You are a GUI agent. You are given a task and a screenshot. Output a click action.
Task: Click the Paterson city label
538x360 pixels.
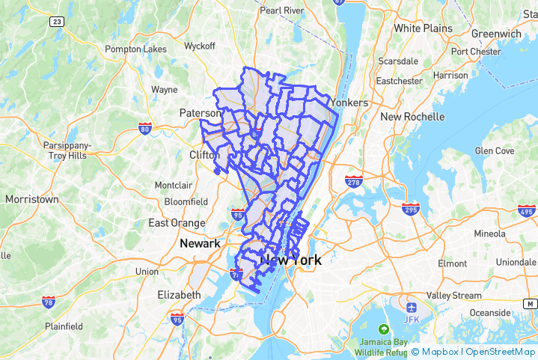(x=201, y=113)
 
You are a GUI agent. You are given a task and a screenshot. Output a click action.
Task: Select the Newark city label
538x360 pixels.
(x=200, y=243)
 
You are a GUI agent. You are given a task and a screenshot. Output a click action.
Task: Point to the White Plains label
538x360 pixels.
(x=423, y=28)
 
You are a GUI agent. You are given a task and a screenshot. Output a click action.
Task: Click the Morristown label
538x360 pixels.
(x=31, y=200)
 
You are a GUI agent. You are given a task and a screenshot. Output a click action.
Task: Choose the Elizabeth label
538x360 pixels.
(x=179, y=295)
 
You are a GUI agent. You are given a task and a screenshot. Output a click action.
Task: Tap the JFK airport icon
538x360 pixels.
(x=410, y=308)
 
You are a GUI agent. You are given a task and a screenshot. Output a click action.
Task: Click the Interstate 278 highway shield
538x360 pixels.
(x=354, y=182)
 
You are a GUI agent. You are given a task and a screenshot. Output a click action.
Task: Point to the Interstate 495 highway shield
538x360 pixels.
(x=526, y=210)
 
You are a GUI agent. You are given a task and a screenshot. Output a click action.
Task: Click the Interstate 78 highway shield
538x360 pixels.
(x=49, y=302)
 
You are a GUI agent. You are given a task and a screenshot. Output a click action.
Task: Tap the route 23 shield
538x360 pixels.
(x=57, y=22)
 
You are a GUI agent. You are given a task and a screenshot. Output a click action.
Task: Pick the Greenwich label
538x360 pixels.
(x=496, y=34)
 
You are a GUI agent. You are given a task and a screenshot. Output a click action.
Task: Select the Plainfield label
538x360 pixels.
(x=63, y=326)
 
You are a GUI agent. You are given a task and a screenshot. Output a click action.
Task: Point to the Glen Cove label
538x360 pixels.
(x=495, y=150)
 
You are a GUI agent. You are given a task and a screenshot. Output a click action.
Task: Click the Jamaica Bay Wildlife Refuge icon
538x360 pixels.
(x=384, y=329)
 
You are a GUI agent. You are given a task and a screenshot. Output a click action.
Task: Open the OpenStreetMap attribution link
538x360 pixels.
(x=501, y=352)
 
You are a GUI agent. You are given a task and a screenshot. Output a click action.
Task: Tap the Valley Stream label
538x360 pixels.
(x=453, y=296)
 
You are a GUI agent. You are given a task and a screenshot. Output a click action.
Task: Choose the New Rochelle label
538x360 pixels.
(x=412, y=117)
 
